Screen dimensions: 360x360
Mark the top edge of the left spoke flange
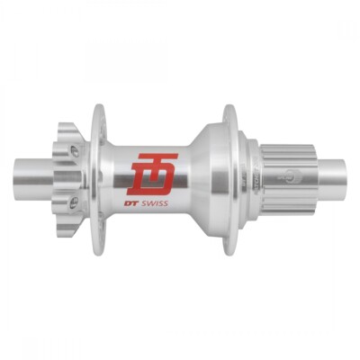(99, 110)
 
